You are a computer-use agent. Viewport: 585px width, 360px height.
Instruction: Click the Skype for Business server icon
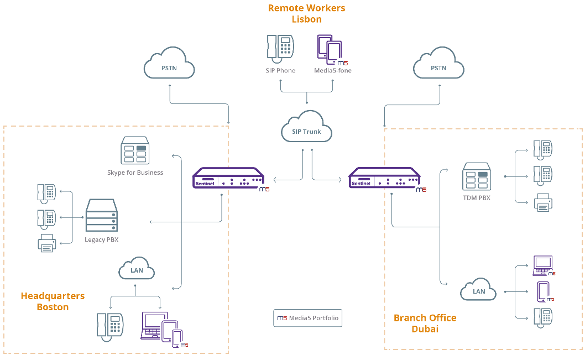click(135, 151)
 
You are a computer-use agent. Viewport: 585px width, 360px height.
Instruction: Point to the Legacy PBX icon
click(102, 216)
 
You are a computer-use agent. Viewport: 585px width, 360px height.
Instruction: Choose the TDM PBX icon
click(476, 177)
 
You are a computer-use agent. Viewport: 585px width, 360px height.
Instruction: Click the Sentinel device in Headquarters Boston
click(228, 180)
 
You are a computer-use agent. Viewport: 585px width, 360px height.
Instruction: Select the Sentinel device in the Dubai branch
click(384, 180)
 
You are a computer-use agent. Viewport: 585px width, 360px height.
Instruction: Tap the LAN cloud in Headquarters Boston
click(136, 270)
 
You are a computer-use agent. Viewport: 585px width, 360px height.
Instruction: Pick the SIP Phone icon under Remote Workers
click(280, 48)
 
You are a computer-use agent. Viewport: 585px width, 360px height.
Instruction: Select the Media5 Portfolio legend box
click(307, 318)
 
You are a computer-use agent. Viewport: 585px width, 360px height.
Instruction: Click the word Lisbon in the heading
click(306, 19)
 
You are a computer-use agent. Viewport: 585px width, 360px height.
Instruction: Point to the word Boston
click(53, 307)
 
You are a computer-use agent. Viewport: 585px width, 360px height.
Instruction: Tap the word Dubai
click(425, 329)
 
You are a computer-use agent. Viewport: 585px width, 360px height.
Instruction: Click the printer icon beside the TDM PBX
click(543, 203)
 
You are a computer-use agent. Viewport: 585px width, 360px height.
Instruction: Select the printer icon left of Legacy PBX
click(47, 243)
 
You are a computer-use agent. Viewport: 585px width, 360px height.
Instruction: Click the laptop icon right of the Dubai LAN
click(543, 265)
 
